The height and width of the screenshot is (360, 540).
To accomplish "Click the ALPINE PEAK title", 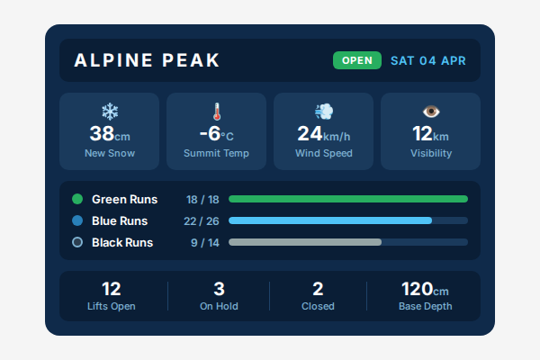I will pos(147,61).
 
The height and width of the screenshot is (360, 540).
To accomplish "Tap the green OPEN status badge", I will pos(356,61).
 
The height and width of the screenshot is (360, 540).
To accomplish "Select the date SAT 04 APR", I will pos(428,61).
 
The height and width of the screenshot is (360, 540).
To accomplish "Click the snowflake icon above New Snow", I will pos(110,112).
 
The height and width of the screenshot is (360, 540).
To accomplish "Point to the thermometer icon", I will pos(216,112).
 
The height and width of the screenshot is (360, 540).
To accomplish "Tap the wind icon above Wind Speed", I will pos(324,112).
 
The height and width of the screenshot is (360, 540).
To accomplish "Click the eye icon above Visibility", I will pos(431,112).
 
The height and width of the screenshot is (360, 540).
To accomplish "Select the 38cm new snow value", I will pos(110,135).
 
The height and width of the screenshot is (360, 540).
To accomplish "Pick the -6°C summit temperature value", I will pos(216,135).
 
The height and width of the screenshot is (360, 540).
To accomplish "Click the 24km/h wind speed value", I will pos(324,135).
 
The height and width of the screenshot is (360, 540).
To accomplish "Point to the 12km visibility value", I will pos(430,135).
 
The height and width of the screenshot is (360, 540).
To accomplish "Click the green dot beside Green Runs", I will pos(77,199).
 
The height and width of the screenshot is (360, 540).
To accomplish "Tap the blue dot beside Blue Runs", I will pos(77,220).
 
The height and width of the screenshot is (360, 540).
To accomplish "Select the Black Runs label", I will pos(122,242).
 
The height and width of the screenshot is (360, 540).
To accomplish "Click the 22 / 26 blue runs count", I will pos(202,220).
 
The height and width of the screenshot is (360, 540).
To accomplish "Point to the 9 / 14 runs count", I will pos(203,242).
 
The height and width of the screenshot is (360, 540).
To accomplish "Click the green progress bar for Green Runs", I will pos(348,199).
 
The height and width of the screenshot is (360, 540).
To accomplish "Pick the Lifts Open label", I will pos(112,306).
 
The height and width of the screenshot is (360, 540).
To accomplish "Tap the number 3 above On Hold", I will pos(219,289).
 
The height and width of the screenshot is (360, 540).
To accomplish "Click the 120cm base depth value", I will pos(425,289).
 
